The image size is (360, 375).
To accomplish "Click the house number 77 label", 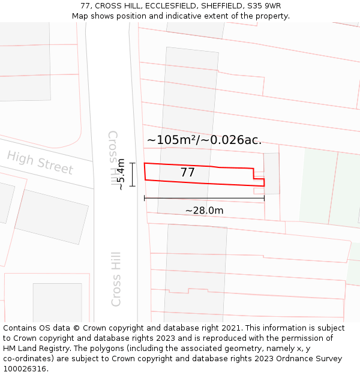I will [187, 173].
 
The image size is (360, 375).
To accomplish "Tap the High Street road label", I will [40, 163].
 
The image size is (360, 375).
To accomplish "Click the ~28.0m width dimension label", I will [204, 211].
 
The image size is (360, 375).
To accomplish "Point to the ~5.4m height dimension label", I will [121, 174].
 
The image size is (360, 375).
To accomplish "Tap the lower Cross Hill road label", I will [116, 278].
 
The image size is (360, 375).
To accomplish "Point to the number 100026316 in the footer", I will [26, 369].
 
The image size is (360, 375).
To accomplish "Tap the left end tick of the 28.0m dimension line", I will [145, 198].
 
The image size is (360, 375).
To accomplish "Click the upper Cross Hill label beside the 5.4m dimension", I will [113, 157].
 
